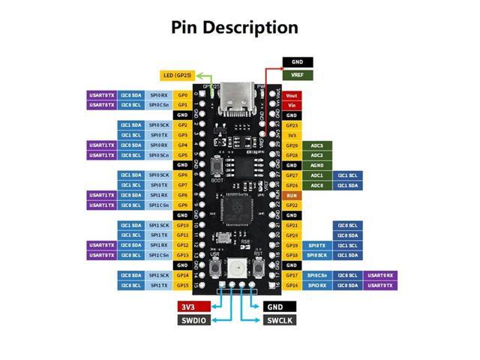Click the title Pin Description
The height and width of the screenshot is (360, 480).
pos(235,28)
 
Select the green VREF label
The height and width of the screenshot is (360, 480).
pos(298,75)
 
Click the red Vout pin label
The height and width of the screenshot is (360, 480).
pos(292,95)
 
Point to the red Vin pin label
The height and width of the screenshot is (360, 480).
pos(292,105)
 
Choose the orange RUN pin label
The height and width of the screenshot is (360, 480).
pos(292,195)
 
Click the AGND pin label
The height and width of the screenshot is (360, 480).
pos(292,165)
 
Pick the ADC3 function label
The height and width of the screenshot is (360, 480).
pos(316,145)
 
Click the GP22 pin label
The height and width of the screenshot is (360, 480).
pos(292,205)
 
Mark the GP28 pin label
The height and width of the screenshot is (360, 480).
pos(292,155)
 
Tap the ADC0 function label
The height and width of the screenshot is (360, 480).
pos(316,185)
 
